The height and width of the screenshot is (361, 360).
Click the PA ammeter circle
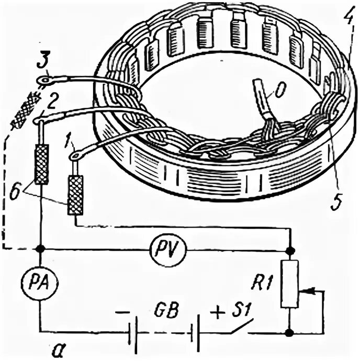click(x=40, y=284)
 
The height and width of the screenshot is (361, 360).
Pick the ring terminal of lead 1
click(x=74, y=154)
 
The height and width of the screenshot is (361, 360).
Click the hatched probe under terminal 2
click(x=41, y=164)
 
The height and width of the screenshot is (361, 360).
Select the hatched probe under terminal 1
click(x=75, y=195)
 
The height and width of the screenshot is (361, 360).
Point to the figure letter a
click(x=60, y=347)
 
